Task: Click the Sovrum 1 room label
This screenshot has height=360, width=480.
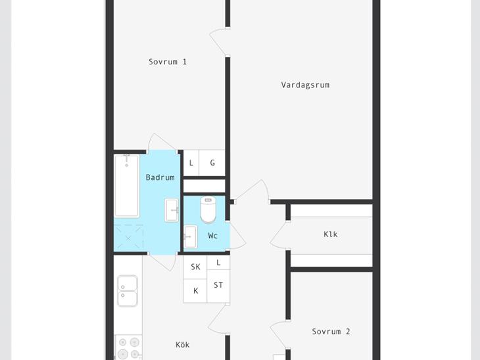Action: pyautogui.click(x=168, y=62)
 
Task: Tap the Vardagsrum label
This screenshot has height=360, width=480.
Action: pyautogui.click(x=305, y=85)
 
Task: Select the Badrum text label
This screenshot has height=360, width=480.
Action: pyautogui.click(x=160, y=177)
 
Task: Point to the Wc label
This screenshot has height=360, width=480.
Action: pyautogui.click(x=213, y=236)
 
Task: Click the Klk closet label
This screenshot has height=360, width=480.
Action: pyautogui.click(x=331, y=235)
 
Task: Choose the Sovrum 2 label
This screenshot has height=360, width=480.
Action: pyautogui.click(x=331, y=332)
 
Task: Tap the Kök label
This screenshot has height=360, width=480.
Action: pyautogui.click(x=182, y=345)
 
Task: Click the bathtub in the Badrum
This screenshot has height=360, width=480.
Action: pyautogui.click(x=127, y=186)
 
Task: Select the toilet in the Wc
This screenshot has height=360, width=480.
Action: pyautogui.click(x=208, y=210)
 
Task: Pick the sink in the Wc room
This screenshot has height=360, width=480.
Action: pyautogui.click(x=191, y=236)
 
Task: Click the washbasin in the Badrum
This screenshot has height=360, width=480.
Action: pyautogui.click(x=172, y=210)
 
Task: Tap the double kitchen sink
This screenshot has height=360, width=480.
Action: pyautogui.click(x=128, y=291)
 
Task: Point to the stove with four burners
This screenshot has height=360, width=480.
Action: pyautogui.click(x=129, y=348)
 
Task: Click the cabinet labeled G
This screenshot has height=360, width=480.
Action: pyautogui.click(x=212, y=163)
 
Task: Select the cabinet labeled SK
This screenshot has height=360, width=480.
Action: pyautogui.click(x=195, y=267)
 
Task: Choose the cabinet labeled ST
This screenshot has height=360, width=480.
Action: pyautogui.click(x=218, y=286)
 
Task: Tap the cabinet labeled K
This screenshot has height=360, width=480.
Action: pyautogui.click(x=195, y=291)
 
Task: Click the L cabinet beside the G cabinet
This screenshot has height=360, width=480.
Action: pyautogui.click(x=191, y=163)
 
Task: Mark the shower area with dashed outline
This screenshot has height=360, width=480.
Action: pyautogui.click(x=129, y=238)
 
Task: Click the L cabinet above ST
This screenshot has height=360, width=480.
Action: pyautogui.click(x=218, y=263)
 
